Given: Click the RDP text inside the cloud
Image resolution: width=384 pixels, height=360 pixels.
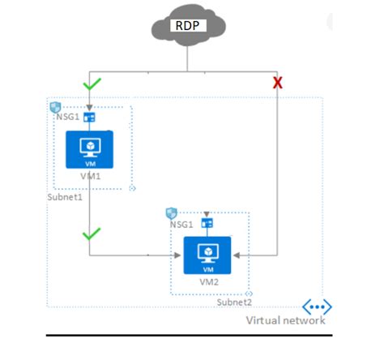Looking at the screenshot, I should coord(188,24).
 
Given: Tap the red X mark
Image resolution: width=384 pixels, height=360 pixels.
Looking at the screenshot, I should coord(277,83).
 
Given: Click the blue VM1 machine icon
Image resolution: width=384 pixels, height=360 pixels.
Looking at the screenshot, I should coord(89,148).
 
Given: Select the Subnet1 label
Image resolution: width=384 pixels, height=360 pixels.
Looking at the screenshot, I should coord(66,197).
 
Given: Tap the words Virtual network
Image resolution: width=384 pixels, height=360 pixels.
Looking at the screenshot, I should coord(285,321).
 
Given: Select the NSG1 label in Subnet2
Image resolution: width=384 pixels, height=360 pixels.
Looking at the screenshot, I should coord(181,223).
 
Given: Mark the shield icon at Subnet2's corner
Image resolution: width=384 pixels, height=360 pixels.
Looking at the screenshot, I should coord(171,212).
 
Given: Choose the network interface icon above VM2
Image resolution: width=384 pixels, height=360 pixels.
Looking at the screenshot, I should coord(207,223).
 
